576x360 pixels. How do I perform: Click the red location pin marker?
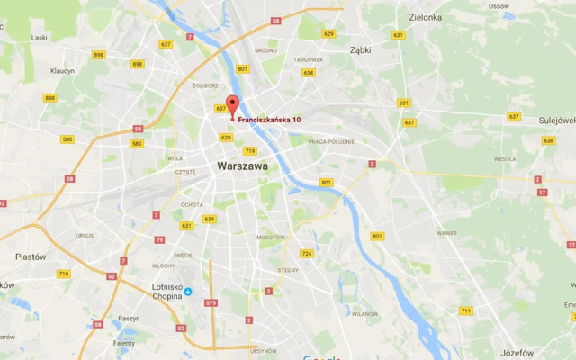tap(231, 104)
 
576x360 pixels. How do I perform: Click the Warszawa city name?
tap(243, 166)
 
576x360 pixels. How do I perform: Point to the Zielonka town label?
tap(425, 17)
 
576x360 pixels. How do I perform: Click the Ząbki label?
tap(361, 50)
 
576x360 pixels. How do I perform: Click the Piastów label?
tap(31, 256)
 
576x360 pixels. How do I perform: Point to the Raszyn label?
tap(129, 319)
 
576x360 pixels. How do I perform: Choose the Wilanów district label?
tap(364, 314)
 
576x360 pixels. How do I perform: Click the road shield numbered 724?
tap(307, 254)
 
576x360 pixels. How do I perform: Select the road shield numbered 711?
tap(465, 310)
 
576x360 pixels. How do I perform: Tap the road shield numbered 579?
tap(211, 303)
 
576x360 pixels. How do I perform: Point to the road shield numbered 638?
tap(549, 140)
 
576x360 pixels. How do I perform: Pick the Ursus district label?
tap(85, 236)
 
